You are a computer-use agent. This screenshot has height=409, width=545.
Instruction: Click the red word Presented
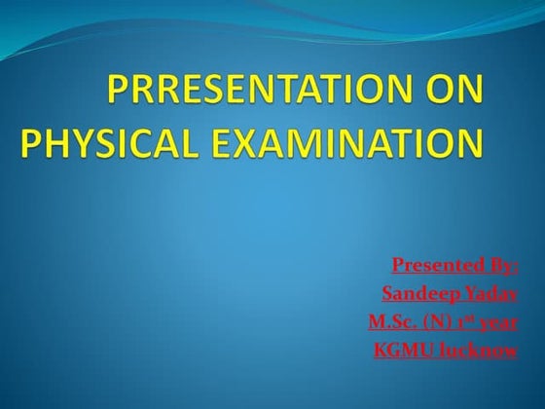click(x=438, y=265)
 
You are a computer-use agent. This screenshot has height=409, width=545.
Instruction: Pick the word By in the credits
click(x=504, y=265)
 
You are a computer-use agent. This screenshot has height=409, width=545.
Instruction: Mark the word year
click(x=497, y=321)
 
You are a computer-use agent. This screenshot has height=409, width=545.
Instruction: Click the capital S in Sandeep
click(x=386, y=293)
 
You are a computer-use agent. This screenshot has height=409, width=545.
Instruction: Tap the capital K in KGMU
click(x=381, y=350)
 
